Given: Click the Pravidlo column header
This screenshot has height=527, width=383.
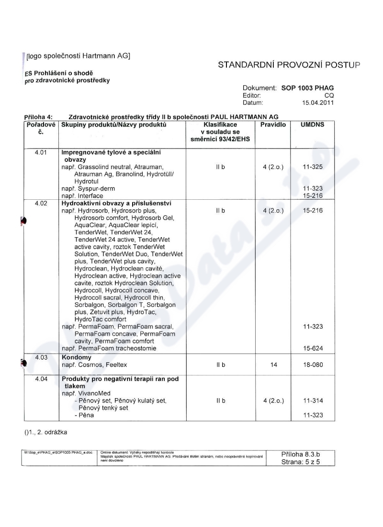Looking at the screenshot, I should [273, 125].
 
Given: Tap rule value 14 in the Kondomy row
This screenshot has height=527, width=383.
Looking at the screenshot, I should [273, 365].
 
